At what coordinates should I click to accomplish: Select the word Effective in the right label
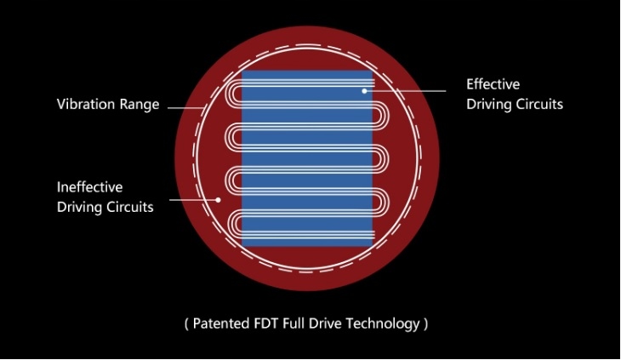click(x=493, y=84)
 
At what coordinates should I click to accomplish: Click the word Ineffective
click(x=90, y=187)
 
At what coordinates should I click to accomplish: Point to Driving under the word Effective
click(x=488, y=105)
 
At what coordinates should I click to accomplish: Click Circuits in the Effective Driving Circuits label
click(x=540, y=104)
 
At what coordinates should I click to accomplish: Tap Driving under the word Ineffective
click(x=79, y=208)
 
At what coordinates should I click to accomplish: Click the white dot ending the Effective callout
click(x=364, y=91)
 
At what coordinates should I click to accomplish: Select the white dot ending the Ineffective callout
click(x=218, y=200)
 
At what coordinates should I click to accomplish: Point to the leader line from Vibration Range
click(x=185, y=108)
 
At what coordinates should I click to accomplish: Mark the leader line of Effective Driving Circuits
click(x=405, y=91)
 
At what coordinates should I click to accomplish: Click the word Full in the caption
click(x=293, y=323)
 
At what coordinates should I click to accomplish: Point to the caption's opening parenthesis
click(x=187, y=324)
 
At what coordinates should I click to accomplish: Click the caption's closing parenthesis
click(x=425, y=324)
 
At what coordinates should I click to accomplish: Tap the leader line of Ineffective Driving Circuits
click(x=194, y=200)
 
